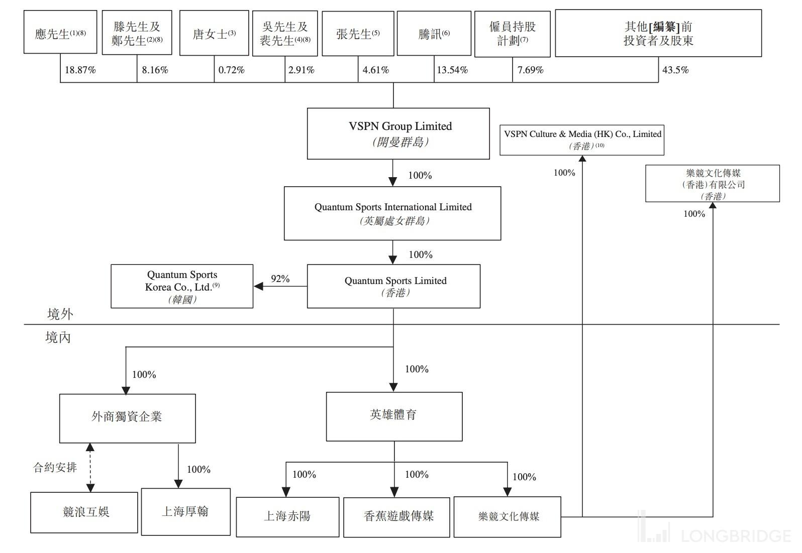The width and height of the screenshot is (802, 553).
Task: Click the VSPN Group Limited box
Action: (x=398, y=133)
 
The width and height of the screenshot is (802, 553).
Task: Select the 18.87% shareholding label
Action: (x=80, y=70)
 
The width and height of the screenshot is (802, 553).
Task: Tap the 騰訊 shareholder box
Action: (x=434, y=34)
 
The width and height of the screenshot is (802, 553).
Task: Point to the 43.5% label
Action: (x=675, y=70)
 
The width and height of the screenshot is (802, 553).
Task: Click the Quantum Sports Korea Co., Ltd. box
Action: (x=181, y=286)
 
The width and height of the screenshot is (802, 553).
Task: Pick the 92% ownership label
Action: (x=280, y=279)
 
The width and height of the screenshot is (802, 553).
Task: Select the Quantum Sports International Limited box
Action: (x=392, y=213)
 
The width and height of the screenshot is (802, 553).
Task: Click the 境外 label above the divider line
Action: (x=60, y=314)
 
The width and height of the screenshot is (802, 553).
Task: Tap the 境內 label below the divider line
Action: (x=58, y=338)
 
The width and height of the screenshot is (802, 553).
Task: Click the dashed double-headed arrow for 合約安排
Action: (x=90, y=467)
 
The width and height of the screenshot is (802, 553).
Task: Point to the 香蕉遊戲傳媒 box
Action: (x=396, y=517)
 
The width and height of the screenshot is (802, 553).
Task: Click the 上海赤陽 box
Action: (x=287, y=517)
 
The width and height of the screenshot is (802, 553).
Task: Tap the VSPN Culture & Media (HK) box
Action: (x=581, y=140)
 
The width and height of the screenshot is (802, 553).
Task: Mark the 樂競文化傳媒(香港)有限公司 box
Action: (x=712, y=184)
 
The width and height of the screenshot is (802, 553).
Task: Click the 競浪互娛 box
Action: (x=84, y=512)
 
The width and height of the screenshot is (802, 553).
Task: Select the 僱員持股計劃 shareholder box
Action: (x=512, y=34)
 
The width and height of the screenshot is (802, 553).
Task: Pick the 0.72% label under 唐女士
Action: (x=231, y=70)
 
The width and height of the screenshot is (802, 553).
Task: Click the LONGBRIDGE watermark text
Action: (x=736, y=535)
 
